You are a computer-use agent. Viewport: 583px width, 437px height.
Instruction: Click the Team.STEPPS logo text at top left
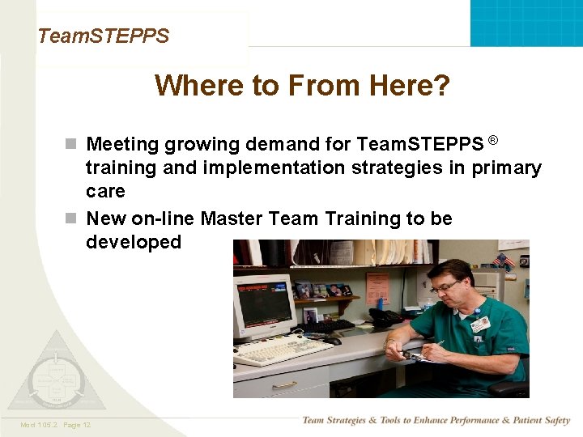click(103, 36)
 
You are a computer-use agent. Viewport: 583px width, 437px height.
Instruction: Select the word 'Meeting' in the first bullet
click(123, 145)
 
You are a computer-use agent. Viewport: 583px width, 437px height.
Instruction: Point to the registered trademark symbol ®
click(493, 141)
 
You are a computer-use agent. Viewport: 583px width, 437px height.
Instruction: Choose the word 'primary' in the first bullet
click(508, 168)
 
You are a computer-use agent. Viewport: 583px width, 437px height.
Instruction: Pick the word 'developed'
click(134, 242)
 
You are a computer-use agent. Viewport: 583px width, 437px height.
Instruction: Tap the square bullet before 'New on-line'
click(71, 219)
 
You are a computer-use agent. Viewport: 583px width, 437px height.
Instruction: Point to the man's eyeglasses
click(445, 287)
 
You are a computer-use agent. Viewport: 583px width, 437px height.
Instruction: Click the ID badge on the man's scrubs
click(481, 323)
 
